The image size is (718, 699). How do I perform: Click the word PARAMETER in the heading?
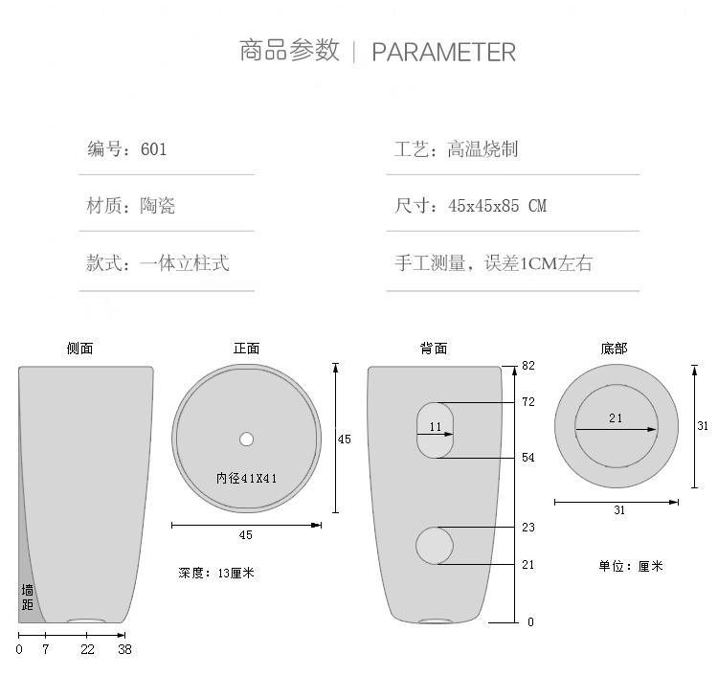coord(443,52)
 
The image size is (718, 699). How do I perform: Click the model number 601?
coord(153,148)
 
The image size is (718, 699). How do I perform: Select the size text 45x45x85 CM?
coord(497,206)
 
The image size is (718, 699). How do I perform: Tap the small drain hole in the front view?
coord(246,440)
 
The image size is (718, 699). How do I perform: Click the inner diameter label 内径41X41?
coord(246,478)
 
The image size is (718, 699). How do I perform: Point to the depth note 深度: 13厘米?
coord(216,573)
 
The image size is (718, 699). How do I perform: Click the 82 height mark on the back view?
coord(527,366)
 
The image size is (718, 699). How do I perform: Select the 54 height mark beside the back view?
coord(527,458)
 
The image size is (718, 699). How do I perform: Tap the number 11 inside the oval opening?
coord(436,427)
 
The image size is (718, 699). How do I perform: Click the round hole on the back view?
coord(435,545)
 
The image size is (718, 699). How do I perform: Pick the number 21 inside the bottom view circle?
coord(616,417)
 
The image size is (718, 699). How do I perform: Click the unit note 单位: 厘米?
coord(630,566)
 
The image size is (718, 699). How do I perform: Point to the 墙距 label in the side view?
coord(28,598)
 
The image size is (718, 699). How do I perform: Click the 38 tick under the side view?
coord(124,649)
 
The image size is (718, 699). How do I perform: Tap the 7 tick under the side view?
coord(45,649)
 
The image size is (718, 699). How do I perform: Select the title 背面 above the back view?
coord(434,349)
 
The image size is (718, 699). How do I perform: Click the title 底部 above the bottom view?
coord(614,349)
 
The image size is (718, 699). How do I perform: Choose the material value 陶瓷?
coord(157,206)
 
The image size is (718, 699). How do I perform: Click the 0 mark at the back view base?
coord(530,622)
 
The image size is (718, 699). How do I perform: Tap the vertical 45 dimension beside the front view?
coord(345,440)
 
